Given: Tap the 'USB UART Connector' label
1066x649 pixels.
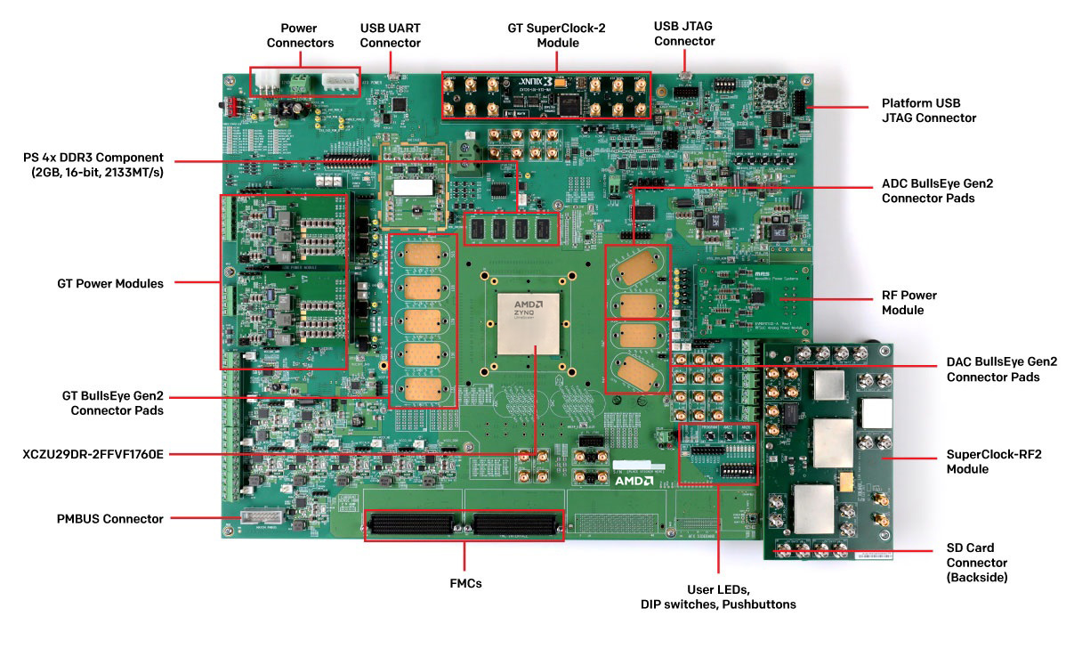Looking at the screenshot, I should (391, 36).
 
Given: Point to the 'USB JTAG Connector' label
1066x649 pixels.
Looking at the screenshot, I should (683, 35).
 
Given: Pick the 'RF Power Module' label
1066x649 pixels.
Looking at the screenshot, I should (909, 303).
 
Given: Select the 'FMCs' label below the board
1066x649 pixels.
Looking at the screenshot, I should (466, 583).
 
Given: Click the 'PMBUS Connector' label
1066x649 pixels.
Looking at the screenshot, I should (110, 518).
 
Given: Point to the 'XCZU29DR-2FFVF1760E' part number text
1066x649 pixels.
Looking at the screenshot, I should (93, 454).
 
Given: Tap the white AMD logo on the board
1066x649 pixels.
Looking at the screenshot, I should (634, 481).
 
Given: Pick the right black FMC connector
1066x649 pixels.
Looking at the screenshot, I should (514, 524).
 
